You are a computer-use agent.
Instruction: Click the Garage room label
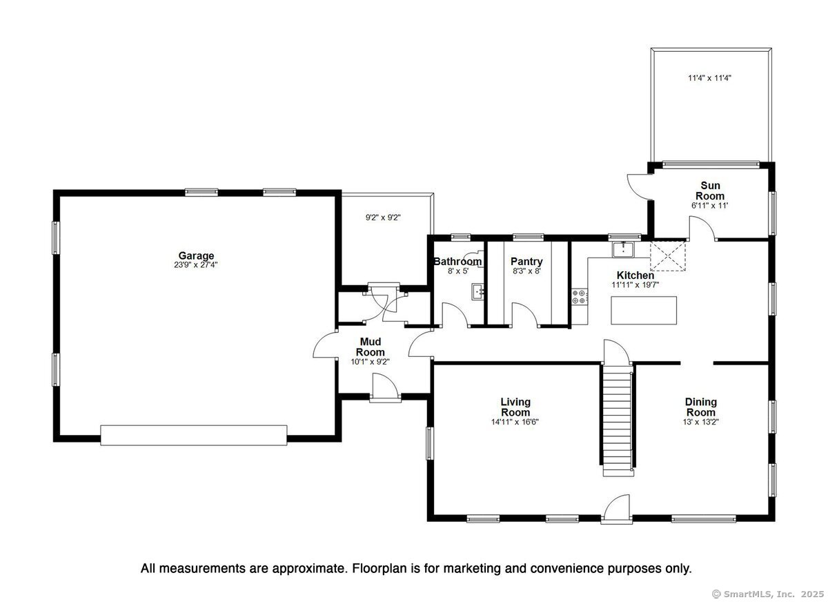tap(196, 255)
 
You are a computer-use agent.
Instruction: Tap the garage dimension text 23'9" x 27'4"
tap(196, 265)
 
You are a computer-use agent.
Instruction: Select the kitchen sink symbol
tap(623, 249)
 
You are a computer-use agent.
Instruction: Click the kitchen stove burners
tap(580, 297)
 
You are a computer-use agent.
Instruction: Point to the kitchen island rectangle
tap(644, 310)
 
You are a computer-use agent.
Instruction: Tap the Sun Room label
tap(710, 191)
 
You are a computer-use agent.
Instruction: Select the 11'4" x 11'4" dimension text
tap(710, 78)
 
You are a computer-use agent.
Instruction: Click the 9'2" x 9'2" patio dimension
tap(384, 217)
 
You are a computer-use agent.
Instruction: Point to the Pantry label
tap(526, 262)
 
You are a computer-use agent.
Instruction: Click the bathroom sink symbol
tap(478, 291)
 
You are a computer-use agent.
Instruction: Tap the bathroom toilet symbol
tap(474, 256)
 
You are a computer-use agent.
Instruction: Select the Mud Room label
tap(370, 347)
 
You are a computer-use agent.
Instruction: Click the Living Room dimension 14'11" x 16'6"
tap(515, 422)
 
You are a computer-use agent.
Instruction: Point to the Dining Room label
tap(701, 407)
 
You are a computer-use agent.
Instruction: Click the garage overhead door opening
tap(194, 435)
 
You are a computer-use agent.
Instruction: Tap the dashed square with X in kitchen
tap(668, 256)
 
